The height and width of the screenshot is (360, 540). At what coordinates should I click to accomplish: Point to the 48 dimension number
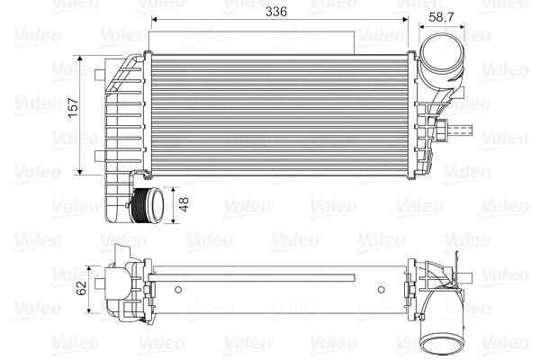[x=184, y=205]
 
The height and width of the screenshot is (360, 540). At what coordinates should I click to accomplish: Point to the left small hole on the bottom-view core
[x=178, y=290]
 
